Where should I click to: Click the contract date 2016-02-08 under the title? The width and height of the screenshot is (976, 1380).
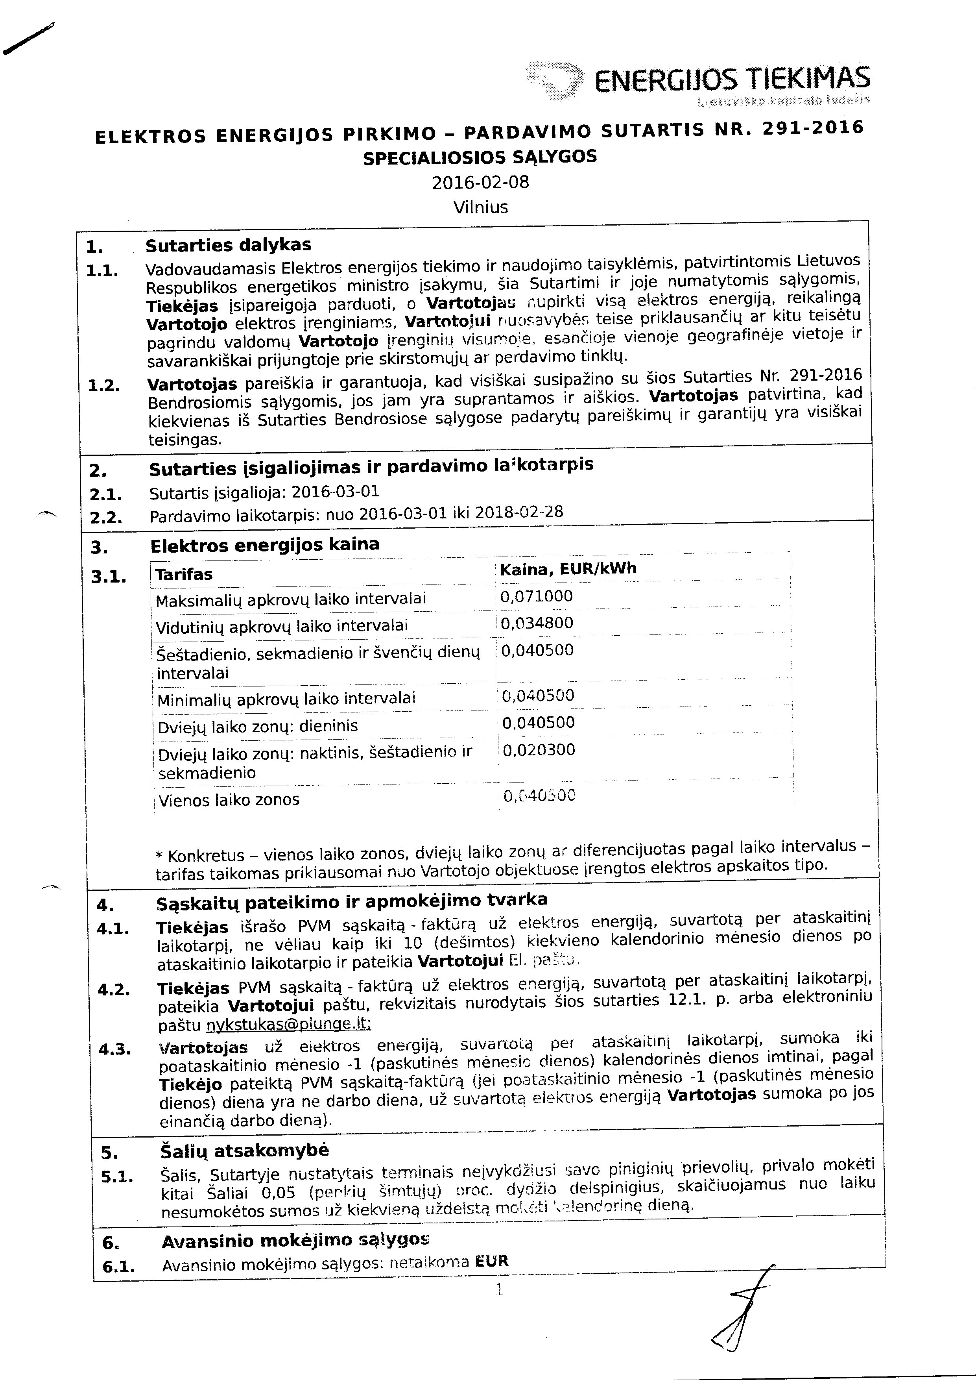click(481, 182)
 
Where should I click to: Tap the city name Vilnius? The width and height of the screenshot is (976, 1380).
click(481, 207)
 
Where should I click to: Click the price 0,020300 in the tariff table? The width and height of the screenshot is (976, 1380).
click(539, 750)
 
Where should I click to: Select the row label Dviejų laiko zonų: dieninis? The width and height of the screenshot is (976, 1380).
click(258, 726)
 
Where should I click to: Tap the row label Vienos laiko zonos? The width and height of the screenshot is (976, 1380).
click(229, 800)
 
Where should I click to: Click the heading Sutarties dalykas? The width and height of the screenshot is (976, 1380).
click(229, 245)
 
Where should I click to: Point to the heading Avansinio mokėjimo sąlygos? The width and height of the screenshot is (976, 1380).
click(296, 1241)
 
